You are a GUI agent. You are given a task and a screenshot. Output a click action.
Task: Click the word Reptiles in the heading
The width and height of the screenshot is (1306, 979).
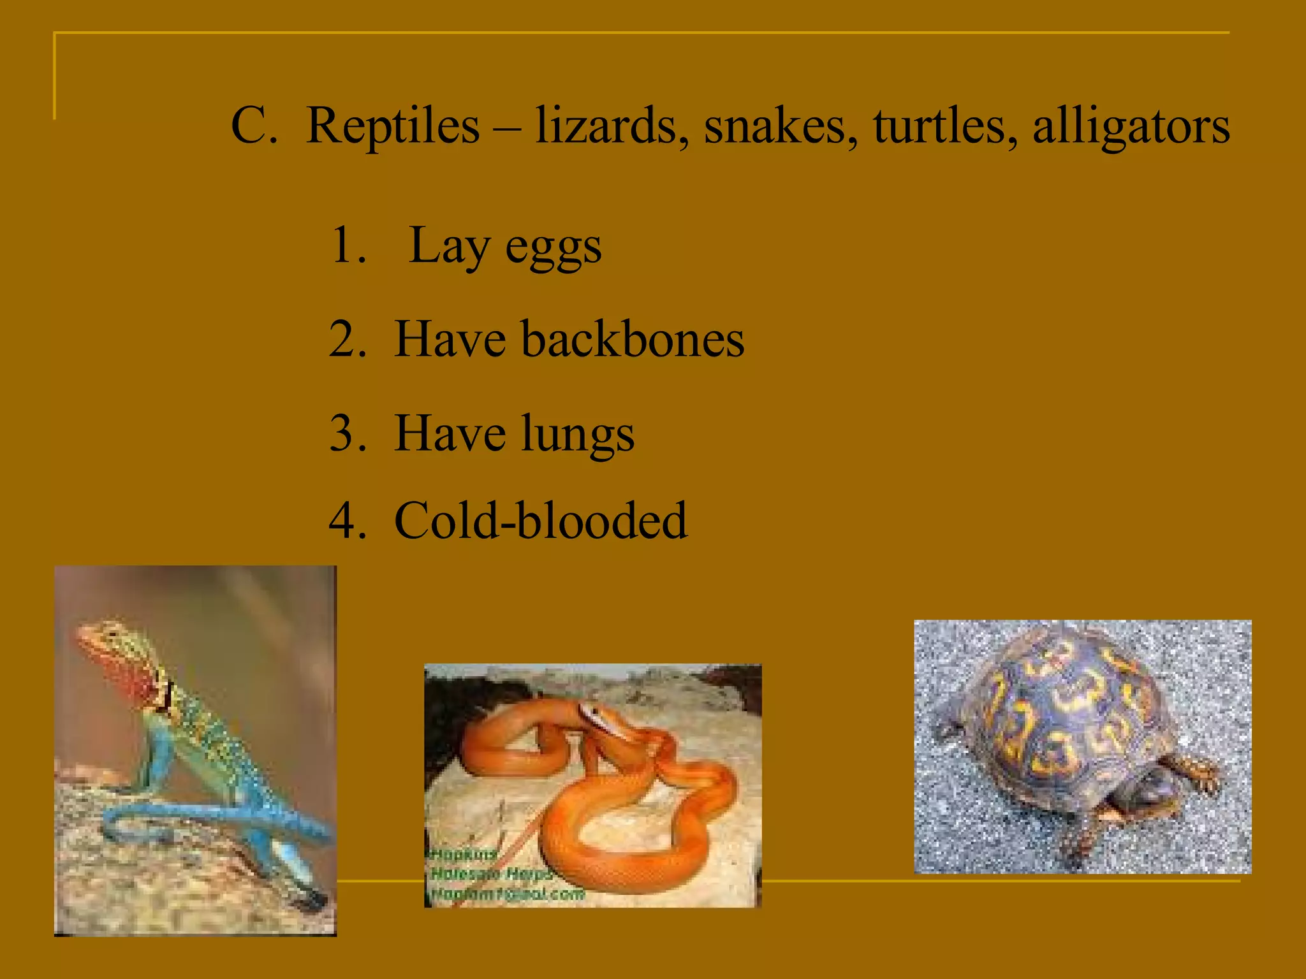click(x=392, y=126)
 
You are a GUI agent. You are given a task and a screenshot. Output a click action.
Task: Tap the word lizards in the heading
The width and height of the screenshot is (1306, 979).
click(x=612, y=126)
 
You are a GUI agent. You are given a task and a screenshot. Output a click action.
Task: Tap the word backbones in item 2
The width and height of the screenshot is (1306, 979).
click(x=633, y=339)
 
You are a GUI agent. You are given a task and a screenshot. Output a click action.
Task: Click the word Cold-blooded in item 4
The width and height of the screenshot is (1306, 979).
click(x=541, y=521)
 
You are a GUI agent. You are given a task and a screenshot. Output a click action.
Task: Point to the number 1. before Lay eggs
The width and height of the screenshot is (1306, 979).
click(x=348, y=245)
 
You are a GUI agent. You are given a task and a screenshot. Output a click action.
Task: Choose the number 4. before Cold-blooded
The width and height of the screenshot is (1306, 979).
click(x=348, y=521)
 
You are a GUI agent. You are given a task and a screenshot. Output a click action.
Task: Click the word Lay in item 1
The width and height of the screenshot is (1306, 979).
click(x=449, y=246)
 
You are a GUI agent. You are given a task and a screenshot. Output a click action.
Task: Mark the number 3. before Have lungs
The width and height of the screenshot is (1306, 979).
click(x=348, y=434)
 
